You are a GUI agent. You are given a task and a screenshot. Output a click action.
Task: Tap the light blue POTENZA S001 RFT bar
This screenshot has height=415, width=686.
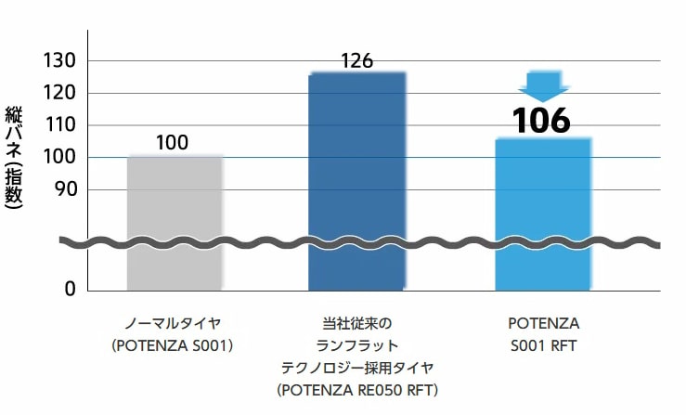pyautogui.click(x=543, y=214)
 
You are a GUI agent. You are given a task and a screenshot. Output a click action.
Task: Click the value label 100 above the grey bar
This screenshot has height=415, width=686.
pyautogui.click(x=172, y=142)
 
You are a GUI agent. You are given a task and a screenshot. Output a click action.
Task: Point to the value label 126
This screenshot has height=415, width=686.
pyautogui.click(x=356, y=61)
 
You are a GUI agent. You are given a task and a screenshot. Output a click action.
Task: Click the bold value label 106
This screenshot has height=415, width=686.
pyautogui.click(x=542, y=121)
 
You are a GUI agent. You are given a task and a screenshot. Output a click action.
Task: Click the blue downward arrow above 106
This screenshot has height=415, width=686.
pyautogui.click(x=543, y=85)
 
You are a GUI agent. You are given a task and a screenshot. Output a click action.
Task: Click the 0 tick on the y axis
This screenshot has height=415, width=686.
pyautogui.click(x=70, y=290)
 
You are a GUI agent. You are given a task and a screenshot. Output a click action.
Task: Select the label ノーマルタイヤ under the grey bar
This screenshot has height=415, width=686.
pyautogui.click(x=174, y=324)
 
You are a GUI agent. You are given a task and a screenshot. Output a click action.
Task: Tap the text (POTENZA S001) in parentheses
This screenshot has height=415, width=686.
pyautogui.click(x=174, y=345)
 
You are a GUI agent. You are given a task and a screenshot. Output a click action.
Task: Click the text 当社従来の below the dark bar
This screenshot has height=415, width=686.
pyautogui.click(x=357, y=324)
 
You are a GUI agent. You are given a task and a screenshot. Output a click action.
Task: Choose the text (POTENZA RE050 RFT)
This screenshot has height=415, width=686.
pyautogui.click(x=357, y=388)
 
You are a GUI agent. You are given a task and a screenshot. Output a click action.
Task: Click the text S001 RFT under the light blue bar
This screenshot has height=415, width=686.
pyautogui.click(x=543, y=345)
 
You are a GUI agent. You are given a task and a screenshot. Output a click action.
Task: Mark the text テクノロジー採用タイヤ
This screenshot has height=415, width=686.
pyautogui.click(x=357, y=367)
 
